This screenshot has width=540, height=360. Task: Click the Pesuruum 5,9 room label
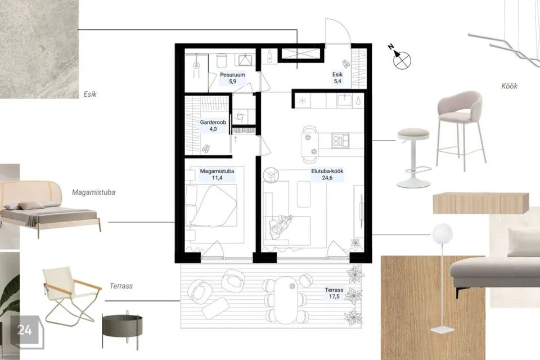(x=232, y=78)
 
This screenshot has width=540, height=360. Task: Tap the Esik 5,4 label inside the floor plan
(x=337, y=78)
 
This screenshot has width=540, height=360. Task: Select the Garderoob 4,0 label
(x=213, y=126)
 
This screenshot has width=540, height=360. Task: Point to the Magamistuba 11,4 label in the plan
(x=217, y=174)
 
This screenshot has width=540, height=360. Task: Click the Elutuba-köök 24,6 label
(x=327, y=174)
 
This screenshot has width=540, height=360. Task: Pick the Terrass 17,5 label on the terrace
(x=334, y=293)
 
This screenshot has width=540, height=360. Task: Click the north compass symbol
(x=400, y=58)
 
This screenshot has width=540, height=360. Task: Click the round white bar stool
(x=413, y=157)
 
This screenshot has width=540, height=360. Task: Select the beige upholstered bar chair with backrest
(x=461, y=128)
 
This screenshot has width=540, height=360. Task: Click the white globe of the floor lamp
(x=442, y=232)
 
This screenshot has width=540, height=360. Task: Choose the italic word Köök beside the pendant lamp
(x=509, y=86)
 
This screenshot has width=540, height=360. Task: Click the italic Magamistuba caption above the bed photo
(x=93, y=192)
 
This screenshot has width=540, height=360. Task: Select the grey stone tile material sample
(x=39, y=49)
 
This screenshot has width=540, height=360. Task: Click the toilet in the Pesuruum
(x=222, y=61)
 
